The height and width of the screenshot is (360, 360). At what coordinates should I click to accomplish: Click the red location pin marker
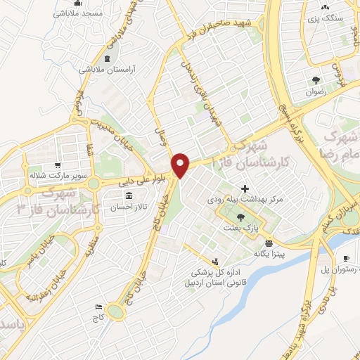181,165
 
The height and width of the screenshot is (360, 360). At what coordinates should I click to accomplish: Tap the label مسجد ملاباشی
83,13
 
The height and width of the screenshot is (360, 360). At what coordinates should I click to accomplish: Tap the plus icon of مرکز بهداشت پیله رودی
245,188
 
